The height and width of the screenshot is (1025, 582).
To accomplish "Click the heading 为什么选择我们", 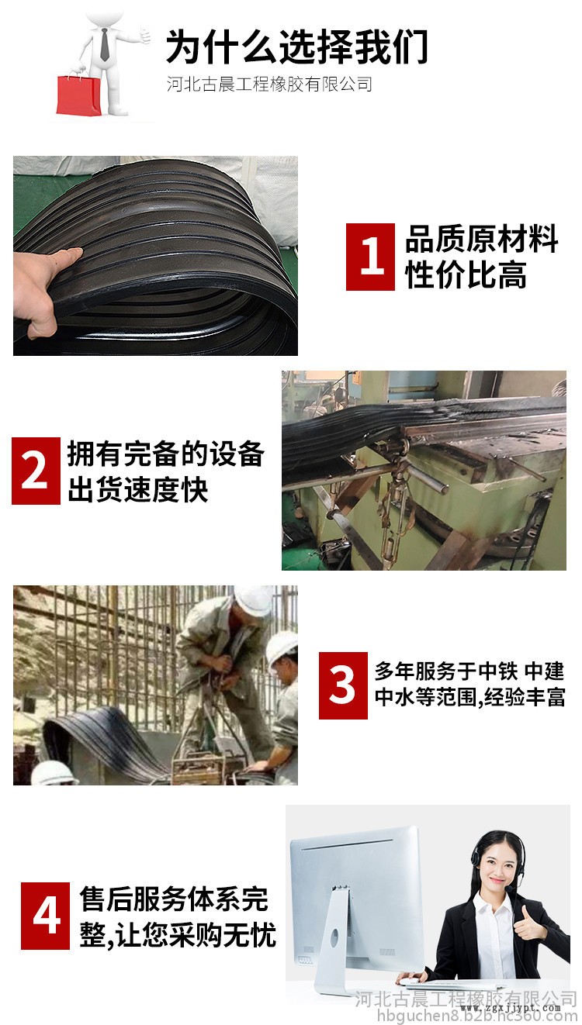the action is click(x=296, y=47).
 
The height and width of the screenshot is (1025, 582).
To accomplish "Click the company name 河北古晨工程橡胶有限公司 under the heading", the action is click(x=269, y=85).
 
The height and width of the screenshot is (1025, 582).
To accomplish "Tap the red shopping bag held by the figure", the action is click(x=78, y=95).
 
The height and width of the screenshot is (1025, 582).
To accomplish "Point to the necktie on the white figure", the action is click(x=105, y=45).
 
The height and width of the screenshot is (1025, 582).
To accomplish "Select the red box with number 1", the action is click(x=370, y=257).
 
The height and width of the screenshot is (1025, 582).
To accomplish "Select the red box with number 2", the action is click(x=36, y=471).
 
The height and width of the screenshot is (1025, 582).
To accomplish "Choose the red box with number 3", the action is click(x=343, y=685).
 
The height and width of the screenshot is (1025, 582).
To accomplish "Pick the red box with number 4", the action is click(x=45, y=916).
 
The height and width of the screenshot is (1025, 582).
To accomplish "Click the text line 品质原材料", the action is click(x=482, y=239).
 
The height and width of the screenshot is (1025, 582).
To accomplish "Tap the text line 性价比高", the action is click(x=466, y=274).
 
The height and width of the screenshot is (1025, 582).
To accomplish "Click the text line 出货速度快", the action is click(x=138, y=489).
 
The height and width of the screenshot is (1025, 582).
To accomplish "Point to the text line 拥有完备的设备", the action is click(x=166, y=454).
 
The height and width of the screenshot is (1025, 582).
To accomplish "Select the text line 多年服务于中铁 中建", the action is click(x=469, y=671).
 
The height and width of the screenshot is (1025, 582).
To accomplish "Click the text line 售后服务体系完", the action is click(x=174, y=899).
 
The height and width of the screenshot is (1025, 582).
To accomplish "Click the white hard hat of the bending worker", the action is click(x=253, y=599).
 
